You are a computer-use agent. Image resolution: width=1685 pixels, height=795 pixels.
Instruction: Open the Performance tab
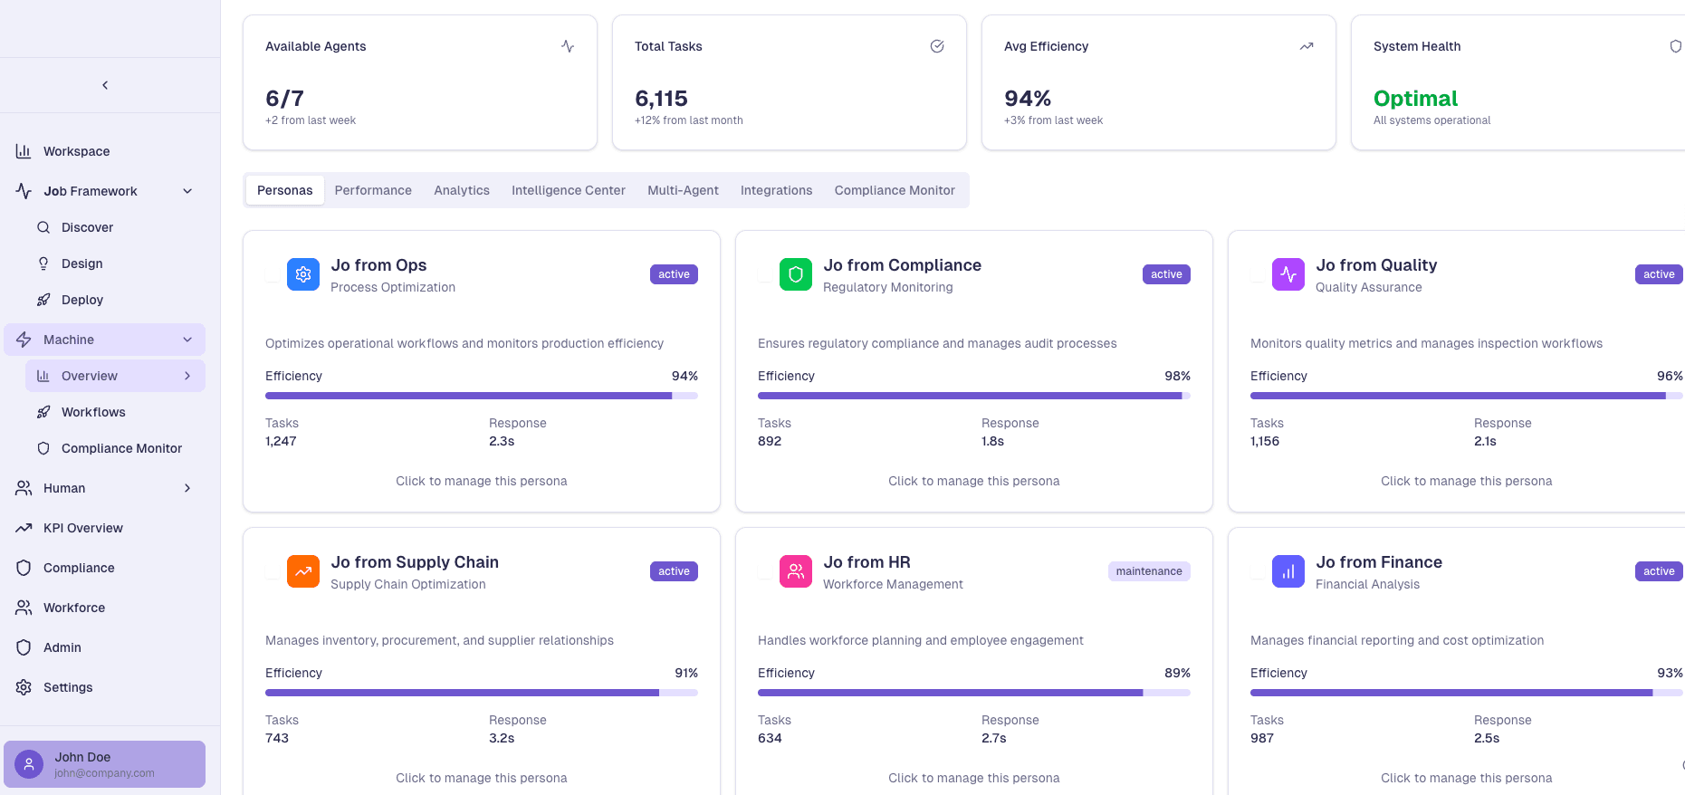(373, 190)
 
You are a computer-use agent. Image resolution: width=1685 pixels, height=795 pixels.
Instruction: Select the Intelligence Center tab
(568, 190)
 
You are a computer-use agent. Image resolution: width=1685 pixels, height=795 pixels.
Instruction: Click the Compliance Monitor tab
(894, 190)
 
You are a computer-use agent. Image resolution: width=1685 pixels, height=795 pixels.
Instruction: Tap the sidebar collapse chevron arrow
(105, 85)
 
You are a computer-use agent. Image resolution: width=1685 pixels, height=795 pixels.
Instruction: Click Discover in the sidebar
(87, 227)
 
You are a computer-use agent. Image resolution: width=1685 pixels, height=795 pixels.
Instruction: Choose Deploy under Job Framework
(81, 300)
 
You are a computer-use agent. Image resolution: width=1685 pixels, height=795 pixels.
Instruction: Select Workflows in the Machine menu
(93, 412)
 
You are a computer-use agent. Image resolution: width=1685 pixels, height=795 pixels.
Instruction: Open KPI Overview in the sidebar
(82, 528)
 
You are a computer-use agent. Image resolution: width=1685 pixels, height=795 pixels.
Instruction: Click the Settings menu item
(68, 687)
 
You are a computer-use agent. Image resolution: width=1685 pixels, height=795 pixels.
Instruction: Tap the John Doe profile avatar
(29, 764)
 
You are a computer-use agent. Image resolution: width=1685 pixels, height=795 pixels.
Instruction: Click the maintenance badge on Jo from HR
(1148, 571)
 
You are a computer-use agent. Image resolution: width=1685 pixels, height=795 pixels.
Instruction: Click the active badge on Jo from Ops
(674, 274)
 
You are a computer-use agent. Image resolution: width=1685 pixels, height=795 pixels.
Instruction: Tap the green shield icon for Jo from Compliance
(795, 274)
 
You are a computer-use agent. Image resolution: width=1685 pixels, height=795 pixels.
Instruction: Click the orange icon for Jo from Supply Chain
(303, 571)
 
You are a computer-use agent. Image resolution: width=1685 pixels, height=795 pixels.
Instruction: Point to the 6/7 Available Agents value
(284, 98)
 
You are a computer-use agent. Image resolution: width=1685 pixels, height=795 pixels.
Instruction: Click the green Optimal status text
(1415, 98)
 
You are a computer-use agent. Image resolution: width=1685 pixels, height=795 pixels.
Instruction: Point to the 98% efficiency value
(1177, 376)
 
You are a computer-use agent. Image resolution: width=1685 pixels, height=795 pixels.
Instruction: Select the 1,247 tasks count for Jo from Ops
(281, 441)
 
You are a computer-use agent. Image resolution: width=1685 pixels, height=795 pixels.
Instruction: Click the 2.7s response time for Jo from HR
(993, 738)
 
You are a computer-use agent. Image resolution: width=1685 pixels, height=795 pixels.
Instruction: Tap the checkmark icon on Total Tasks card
(937, 46)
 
